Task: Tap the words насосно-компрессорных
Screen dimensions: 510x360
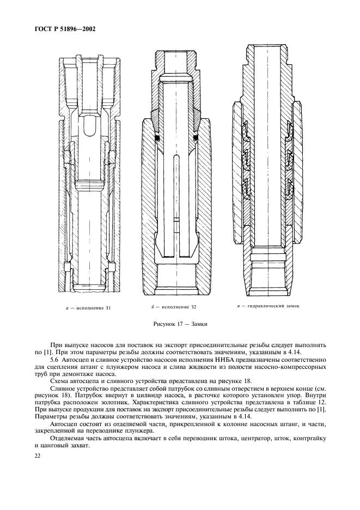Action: pyautogui.click(x=294, y=367)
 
